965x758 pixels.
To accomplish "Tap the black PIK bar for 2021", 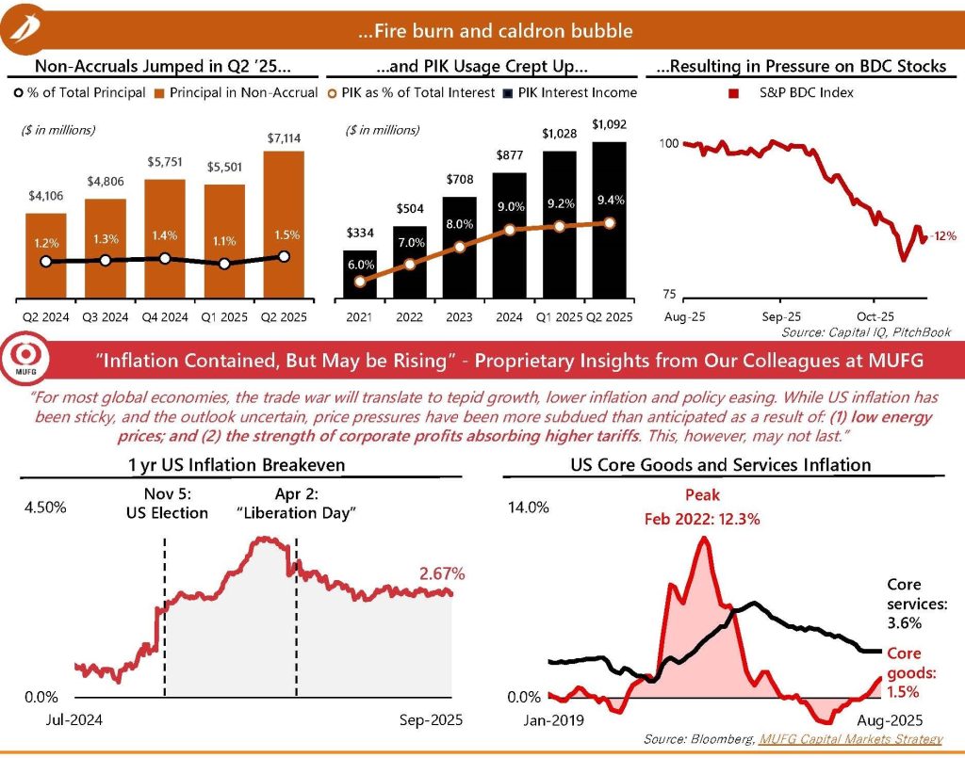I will (x=359, y=273).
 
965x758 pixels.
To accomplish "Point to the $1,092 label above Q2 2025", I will (x=609, y=124).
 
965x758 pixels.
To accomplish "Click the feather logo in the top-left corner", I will (x=24, y=30).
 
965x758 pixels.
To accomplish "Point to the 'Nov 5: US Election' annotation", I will (x=166, y=505).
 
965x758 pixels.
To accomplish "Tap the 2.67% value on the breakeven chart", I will (x=441, y=573).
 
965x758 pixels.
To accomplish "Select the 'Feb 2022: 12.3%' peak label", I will (x=703, y=519).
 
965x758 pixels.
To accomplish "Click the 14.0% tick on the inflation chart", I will (x=529, y=508).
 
